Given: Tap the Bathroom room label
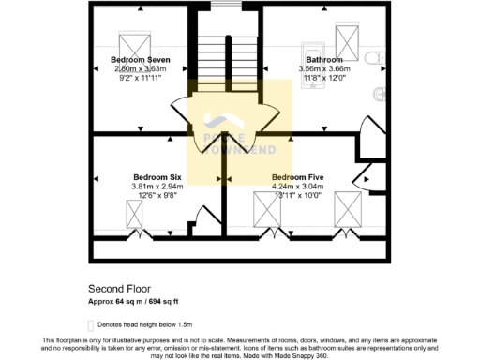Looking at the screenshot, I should [323, 59].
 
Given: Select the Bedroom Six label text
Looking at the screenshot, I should [157, 176].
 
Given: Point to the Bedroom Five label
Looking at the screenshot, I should [297, 176].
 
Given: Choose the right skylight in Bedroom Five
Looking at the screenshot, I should [348, 208].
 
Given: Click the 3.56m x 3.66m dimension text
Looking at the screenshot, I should [323, 68].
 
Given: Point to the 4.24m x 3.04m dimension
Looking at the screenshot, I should [297, 186].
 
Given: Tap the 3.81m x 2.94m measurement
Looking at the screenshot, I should [157, 186].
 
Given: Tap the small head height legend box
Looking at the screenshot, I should [92, 322].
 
